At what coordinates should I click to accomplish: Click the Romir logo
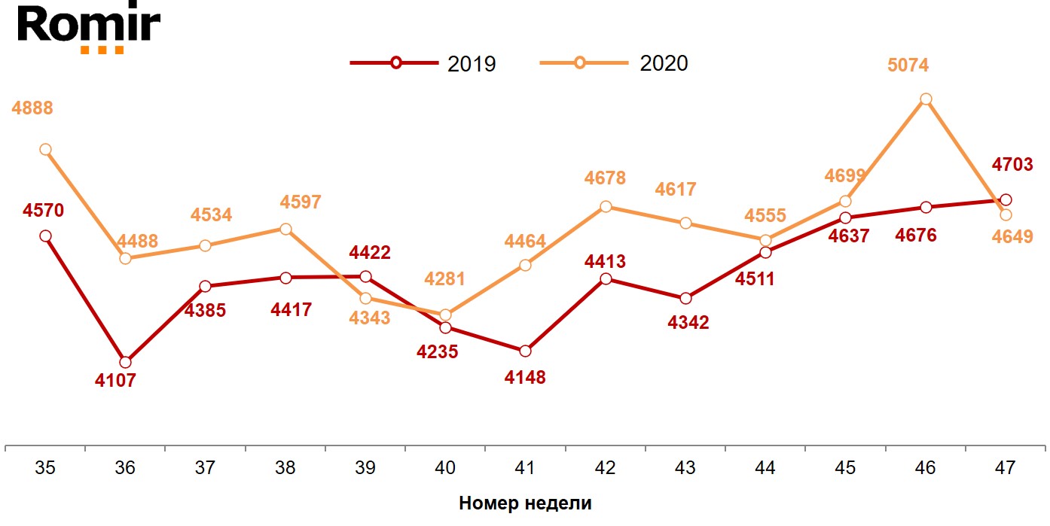coord(88,28)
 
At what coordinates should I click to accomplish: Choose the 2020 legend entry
coord(615,63)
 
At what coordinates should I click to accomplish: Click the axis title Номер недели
coord(525,503)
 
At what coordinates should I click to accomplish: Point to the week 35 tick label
coord(45,468)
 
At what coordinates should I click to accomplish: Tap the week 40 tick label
coord(445,468)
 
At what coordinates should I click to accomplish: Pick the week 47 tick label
coord(1005,468)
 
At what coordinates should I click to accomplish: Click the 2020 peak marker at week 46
coord(926,99)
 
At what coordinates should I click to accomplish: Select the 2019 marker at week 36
coord(125,362)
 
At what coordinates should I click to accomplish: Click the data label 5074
coord(908,65)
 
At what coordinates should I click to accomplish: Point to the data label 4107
coord(115,381)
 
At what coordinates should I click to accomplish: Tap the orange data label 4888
coord(32,108)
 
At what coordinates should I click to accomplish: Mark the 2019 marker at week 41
coord(525,351)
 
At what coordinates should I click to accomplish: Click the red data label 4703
coord(1011,166)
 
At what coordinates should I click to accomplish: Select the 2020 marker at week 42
coord(606,206)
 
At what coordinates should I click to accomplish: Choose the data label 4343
coord(370,318)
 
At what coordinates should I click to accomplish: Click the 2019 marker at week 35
coord(45,236)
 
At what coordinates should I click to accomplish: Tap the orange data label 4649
coord(1012,237)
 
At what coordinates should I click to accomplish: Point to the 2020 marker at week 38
coord(285,229)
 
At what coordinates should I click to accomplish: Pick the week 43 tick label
coord(685,468)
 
